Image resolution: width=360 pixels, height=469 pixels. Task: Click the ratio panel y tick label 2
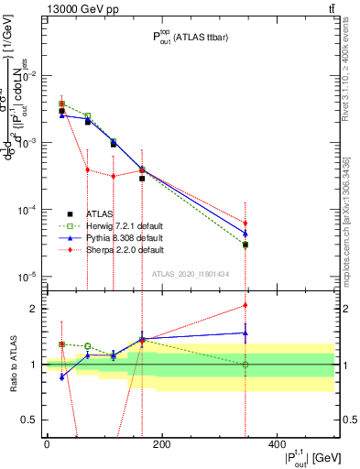pyautogui.click(x=32, y=309)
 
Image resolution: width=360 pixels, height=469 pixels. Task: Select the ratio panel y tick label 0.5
pyautogui.click(x=28, y=420)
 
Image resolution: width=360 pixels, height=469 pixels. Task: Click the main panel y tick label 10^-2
pyautogui.click(x=27, y=76)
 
